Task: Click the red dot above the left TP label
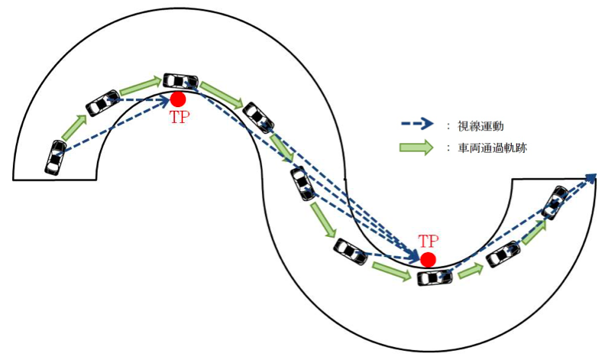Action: pyautogui.click(x=178, y=99)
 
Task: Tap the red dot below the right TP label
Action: pyautogui.click(x=428, y=260)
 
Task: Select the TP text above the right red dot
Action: pyautogui.click(x=429, y=240)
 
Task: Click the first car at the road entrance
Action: pyautogui.click(x=55, y=157)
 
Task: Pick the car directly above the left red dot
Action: pyautogui.click(x=181, y=80)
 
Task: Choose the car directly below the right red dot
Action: pyautogui.click(x=435, y=277)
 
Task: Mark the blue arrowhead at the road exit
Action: pyautogui.click(x=591, y=178)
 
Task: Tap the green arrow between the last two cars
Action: pyautogui.click(x=533, y=230)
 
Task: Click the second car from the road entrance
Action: pyautogui.click(x=102, y=102)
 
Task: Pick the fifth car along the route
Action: pyautogui.click(x=302, y=184)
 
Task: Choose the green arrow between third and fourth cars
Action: pyautogui.click(x=222, y=96)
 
